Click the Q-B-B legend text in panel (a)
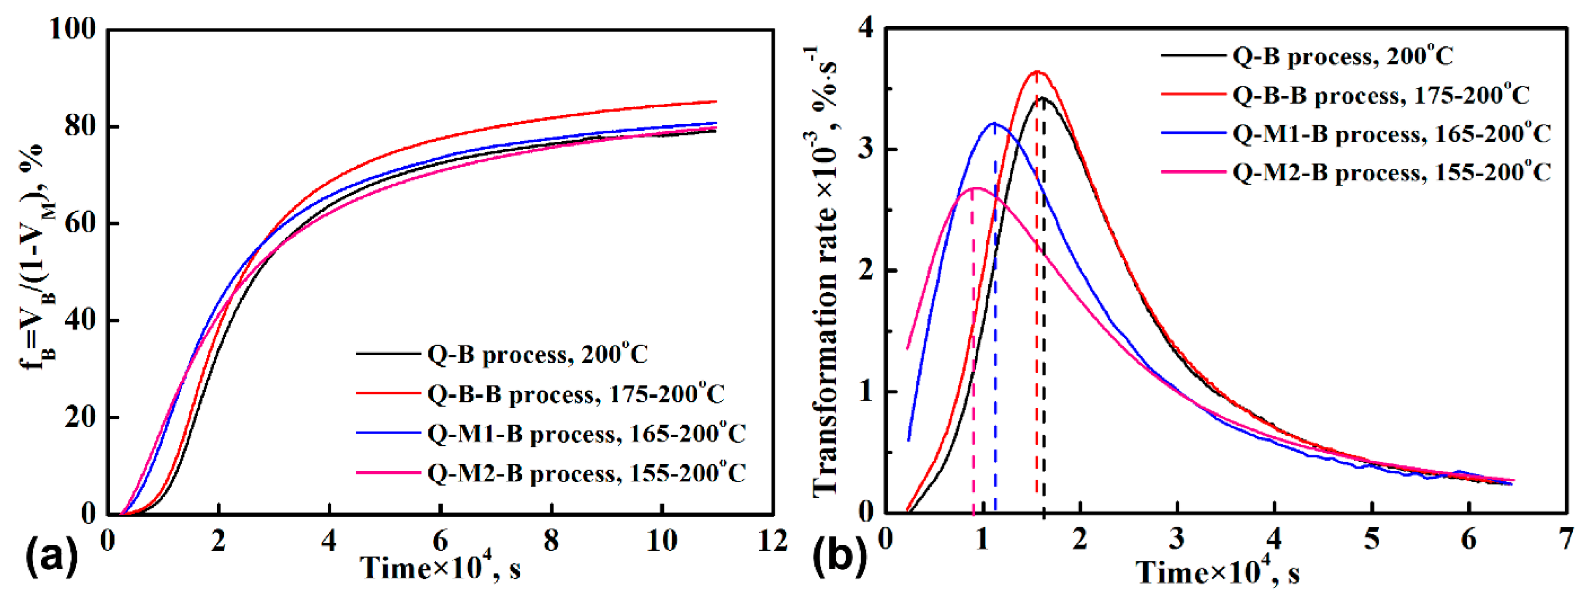tap(576, 394)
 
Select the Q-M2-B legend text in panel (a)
tap(586, 473)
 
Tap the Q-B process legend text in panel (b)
tap(1342, 56)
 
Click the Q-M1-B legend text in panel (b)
tap(1391, 134)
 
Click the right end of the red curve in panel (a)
tap(716, 102)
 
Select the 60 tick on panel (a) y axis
tap(80, 223)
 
